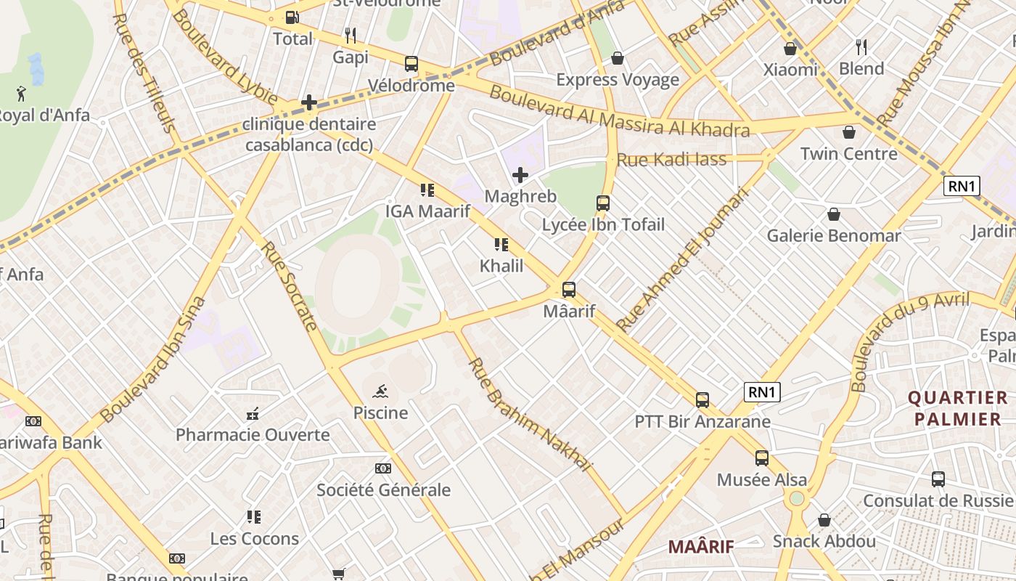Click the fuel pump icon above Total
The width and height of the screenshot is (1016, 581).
[292, 17]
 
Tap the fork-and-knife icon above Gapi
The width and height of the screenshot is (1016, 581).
[351, 35]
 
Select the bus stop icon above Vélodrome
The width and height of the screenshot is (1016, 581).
[411, 64]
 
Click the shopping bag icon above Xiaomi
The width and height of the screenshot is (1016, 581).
[790, 49]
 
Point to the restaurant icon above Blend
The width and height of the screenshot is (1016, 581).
[861, 47]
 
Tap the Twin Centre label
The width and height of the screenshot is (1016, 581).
[848, 153]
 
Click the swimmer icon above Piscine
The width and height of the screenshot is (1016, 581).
[380, 392]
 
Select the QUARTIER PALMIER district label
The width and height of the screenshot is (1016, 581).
[958, 408]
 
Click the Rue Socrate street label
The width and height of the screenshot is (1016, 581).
[289, 285]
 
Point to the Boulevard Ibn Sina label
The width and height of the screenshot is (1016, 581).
[153, 359]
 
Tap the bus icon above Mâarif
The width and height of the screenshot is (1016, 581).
[569, 290]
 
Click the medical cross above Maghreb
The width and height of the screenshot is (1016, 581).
[520, 175]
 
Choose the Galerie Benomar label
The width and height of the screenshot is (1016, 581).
[834, 235]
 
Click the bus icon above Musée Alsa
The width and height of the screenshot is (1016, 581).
[761, 458]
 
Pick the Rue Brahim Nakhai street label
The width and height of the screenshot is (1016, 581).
[530, 415]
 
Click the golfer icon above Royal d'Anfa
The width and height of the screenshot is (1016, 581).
[21, 94]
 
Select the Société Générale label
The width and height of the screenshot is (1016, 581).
[383, 489]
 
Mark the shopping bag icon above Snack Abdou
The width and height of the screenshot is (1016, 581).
[824, 520]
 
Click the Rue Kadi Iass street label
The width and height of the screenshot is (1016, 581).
[671, 159]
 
